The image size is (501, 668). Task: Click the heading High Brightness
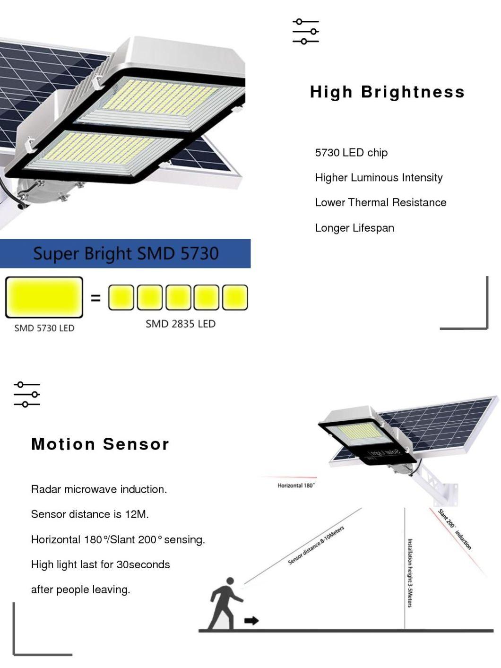tap(387, 92)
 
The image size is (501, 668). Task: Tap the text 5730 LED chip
tap(351, 153)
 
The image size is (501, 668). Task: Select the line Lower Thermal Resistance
tap(380, 202)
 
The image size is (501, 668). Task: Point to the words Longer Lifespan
tap(354, 228)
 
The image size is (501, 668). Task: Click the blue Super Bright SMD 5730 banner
tap(125, 253)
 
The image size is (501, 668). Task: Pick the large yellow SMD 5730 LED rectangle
tap(44, 297)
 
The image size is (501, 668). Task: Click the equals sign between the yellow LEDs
tap(95, 298)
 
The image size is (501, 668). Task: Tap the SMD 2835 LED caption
tap(181, 324)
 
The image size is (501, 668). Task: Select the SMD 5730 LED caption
tap(44, 328)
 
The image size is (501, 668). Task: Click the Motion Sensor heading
tap(100, 444)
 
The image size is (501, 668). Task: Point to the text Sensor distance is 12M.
tap(90, 514)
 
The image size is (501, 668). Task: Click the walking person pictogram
tap(226, 604)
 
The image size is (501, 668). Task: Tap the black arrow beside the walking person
tap(251, 620)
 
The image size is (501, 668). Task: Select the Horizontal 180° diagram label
tap(296, 486)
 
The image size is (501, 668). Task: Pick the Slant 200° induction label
tap(455, 529)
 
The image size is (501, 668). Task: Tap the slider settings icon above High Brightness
tap(305, 31)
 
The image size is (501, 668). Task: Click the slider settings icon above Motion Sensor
tap(27, 394)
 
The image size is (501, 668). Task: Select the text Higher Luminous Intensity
tap(379, 177)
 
